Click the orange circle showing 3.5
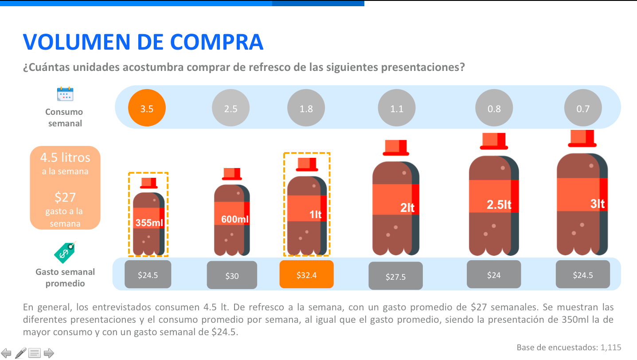(147, 109)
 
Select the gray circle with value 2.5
(231, 109)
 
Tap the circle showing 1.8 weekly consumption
(306, 109)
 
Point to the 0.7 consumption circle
(583, 109)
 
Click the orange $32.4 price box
(306, 275)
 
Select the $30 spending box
(232, 275)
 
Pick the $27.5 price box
(395, 276)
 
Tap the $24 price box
(494, 274)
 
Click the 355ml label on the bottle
(149, 223)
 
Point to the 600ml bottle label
(235, 219)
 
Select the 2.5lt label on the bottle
(499, 205)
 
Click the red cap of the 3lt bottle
(582, 138)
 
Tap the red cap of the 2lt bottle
(396, 148)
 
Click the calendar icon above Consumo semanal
(65, 94)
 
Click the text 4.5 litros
(65, 157)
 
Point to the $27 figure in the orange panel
(65, 197)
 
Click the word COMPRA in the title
(217, 42)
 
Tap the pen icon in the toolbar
(20, 353)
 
